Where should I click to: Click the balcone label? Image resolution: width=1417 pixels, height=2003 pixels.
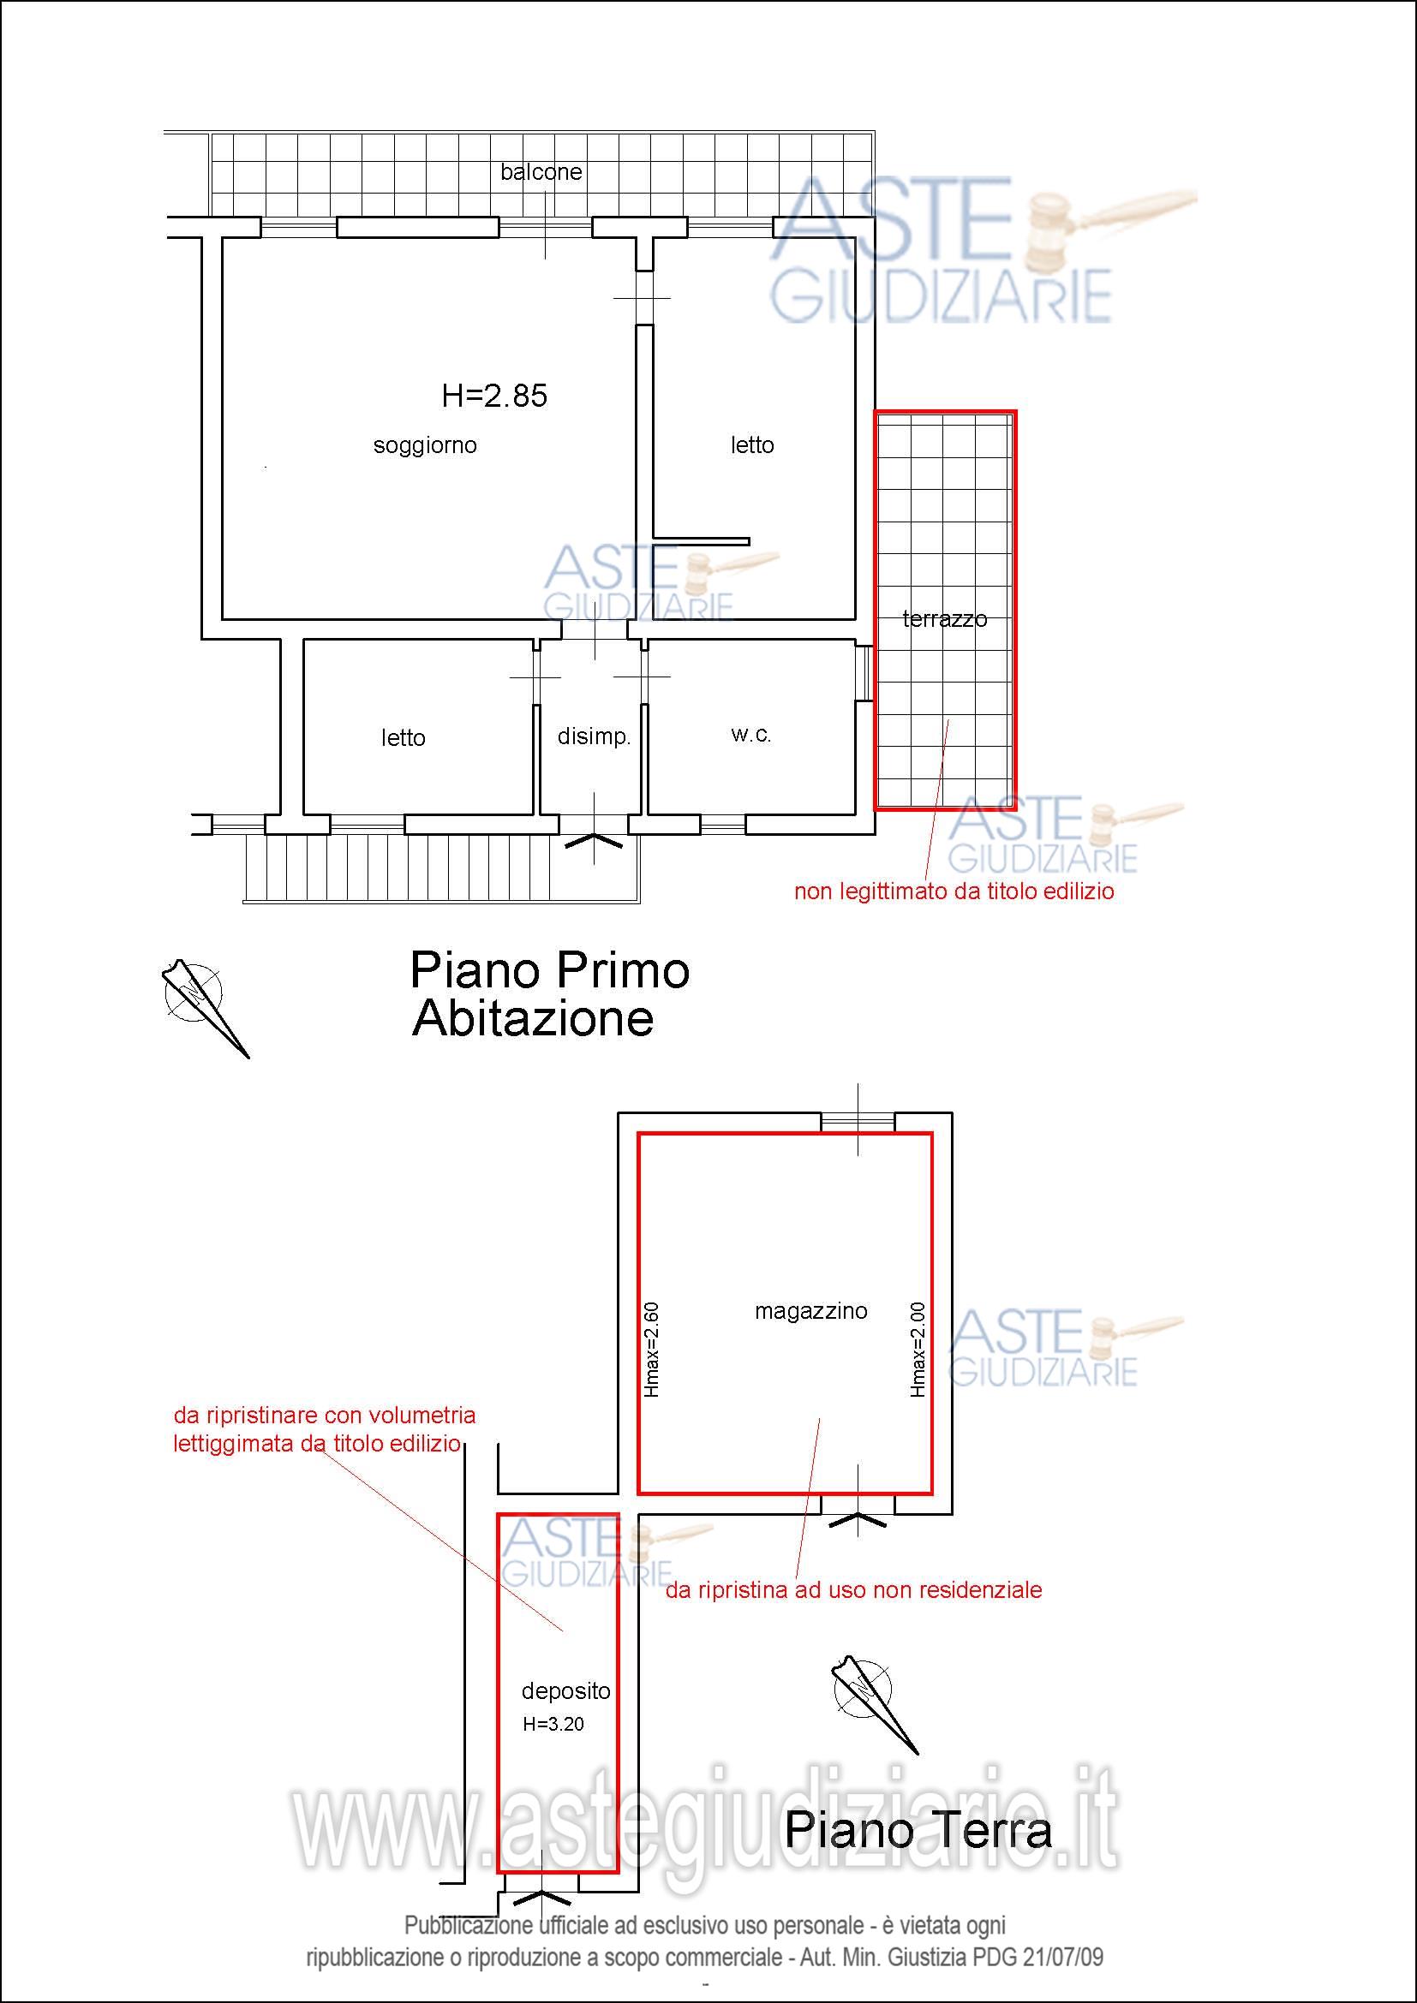click(541, 172)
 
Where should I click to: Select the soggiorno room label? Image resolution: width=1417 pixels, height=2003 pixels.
click(425, 446)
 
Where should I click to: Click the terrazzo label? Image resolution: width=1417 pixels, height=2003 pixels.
click(945, 619)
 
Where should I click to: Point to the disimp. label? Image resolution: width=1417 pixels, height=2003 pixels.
click(594, 736)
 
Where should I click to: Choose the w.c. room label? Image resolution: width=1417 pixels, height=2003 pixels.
click(750, 735)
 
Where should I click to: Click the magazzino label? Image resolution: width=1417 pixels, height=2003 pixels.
click(811, 1311)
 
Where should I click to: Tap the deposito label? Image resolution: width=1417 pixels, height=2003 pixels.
click(566, 1690)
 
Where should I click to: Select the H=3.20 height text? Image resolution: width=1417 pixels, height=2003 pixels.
click(554, 1724)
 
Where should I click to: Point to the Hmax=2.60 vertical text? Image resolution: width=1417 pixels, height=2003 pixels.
click(651, 1350)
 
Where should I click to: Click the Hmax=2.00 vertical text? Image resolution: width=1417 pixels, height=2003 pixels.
click(917, 1350)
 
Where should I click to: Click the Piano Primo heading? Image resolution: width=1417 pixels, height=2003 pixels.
click(550, 970)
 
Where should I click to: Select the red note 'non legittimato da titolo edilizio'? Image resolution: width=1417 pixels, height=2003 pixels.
click(954, 891)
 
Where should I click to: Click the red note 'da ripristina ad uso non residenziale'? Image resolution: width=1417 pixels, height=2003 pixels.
click(853, 1589)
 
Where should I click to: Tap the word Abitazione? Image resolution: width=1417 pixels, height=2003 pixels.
click(533, 1018)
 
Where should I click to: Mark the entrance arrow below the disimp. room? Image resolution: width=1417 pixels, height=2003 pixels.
click(595, 841)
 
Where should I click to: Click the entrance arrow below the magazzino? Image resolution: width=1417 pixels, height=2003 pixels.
click(858, 1521)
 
